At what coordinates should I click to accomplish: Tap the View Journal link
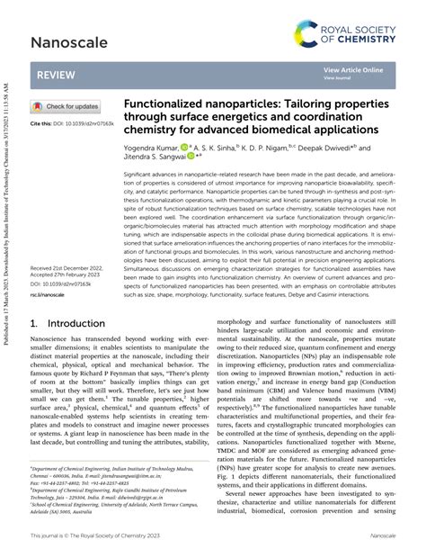pos(338,78)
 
